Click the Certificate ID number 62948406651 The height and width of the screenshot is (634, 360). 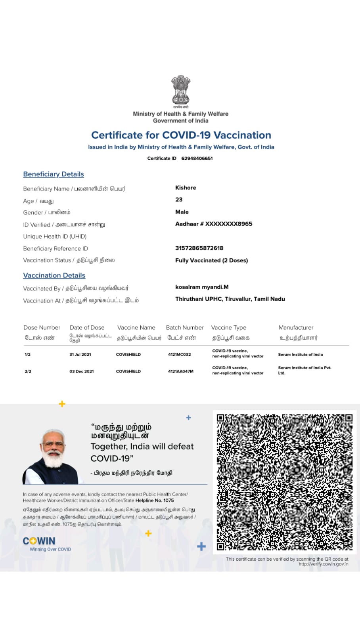pyautogui.click(x=197, y=158)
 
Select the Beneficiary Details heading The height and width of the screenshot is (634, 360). pyautogui.click(x=54, y=174)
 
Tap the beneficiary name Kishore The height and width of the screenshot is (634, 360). pyautogui.click(x=186, y=188)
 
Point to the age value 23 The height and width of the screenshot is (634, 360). pyautogui.click(x=179, y=200)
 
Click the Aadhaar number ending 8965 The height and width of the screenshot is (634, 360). pyautogui.click(x=214, y=224)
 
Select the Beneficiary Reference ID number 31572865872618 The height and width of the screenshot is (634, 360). pyautogui.click(x=199, y=248)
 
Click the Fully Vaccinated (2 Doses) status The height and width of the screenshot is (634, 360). pyautogui.click(x=211, y=260)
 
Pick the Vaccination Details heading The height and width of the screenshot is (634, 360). pyautogui.click(x=54, y=275)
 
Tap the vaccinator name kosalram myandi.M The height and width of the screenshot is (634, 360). pyautogui.click(x=202, y=287)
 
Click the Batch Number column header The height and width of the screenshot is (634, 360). pyautogui.click(x=185, y=328)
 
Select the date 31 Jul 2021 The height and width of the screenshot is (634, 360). pyautogui.click(x=80, y=355)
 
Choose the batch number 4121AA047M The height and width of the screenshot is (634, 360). pyautogui.click(x=180, y=372)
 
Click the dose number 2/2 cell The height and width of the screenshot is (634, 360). pyautogui.click(x=28, y=372)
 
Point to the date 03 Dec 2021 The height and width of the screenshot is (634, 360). pyautogui.click(x=82, y=372)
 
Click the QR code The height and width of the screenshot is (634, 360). pyautogui.click(x=285, y=482)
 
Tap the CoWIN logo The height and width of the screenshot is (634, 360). pyautogui.click(x=39, y=541)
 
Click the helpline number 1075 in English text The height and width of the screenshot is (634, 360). pyautogui.click(x=169, y=500)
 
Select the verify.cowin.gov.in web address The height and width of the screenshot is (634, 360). pyautogui.click(x=324, y=564)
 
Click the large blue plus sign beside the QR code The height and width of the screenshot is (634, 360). pyautogui.click(x=201, y=547)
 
